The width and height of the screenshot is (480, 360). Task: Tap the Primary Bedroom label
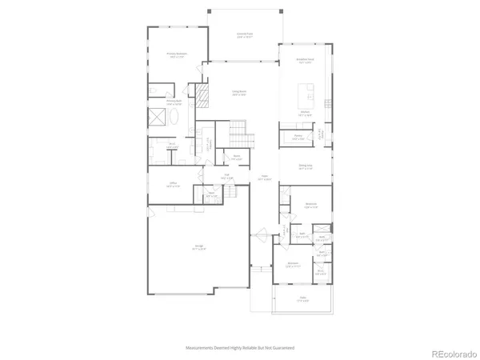(x=176, y=55)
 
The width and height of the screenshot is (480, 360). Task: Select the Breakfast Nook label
(x=304, y=62)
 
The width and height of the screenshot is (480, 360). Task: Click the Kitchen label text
(x=304, y=114)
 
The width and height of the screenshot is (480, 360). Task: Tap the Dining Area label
(x=305, y=166)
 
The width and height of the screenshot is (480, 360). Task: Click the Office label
(x=171, y=184)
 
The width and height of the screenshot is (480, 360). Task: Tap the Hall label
(x=226, y=178)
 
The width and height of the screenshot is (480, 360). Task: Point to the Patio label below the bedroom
(x=302, y=302)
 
